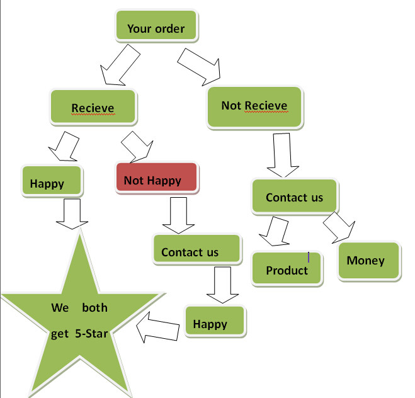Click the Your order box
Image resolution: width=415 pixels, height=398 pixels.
[156, 28]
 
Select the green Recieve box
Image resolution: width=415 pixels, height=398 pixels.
[93, 108]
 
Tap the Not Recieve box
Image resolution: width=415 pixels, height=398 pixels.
[254, 105]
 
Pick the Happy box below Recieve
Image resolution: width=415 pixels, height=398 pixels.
[51, 183]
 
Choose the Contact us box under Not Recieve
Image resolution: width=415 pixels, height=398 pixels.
[294, 197]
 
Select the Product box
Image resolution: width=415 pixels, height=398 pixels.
[287, 270]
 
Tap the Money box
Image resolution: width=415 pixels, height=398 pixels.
[370, 259]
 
